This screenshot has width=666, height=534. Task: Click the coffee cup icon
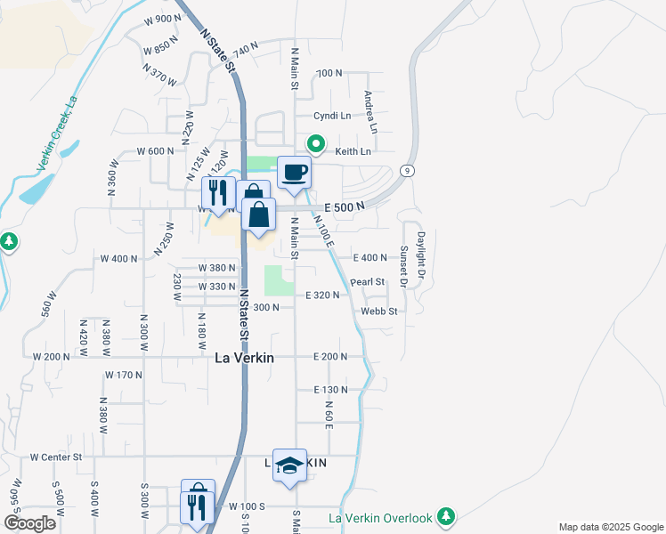click(294, 173)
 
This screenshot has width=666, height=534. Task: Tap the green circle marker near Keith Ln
click(315, 143)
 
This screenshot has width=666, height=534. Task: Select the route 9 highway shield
click(407, 171)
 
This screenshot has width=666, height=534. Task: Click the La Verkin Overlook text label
click(380, 518)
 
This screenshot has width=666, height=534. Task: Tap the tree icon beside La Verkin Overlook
click(446, 517)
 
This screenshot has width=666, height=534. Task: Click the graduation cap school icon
click(289, 465)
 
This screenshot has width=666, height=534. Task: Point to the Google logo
click(30, 523)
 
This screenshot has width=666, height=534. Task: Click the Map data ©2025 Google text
click(611, 527)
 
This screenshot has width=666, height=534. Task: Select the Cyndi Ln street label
click(332, 116)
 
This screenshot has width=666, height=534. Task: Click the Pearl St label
click(367, 282)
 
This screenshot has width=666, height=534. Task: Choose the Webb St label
click(378, 311)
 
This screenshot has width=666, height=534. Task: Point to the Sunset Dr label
click(403, 267)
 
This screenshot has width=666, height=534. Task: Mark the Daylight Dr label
click(421, 258)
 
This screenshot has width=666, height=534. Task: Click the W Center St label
click(55, 457)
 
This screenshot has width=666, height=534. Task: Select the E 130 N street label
click(329, 390)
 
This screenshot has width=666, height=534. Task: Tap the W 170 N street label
click(123, 376)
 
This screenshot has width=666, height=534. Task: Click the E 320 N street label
click(322, 295)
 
